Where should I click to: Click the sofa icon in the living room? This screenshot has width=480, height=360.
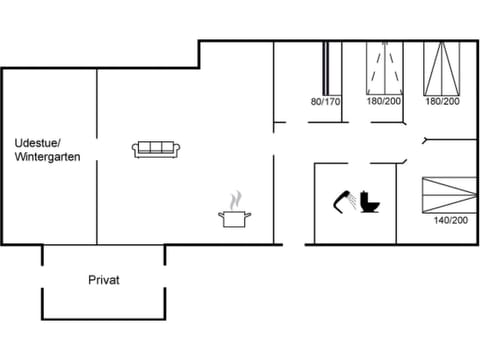(x=156, y=149)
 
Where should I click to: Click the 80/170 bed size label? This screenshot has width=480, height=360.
(x=326, y=101)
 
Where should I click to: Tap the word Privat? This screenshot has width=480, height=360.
(x=104, y=280)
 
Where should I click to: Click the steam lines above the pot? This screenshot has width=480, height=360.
(x=236, y=198)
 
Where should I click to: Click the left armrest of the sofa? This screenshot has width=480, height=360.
(x=135, y=150)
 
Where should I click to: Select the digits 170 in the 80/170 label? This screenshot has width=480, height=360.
(x=334, y=101)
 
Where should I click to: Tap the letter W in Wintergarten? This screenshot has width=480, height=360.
(x=20, y=158)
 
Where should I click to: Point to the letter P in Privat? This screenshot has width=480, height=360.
(x=91, y=280)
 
